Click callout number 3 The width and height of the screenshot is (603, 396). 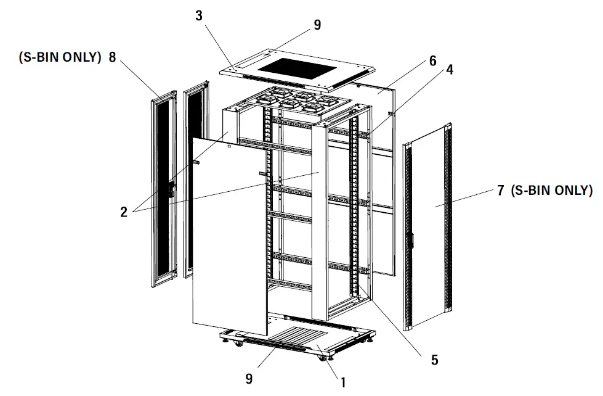click(x=199, y=15)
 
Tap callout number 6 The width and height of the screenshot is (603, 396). click(x=432, y=60)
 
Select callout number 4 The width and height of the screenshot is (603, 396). click(x=450, y=70)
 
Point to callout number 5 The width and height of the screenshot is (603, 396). click(x=434, y=360)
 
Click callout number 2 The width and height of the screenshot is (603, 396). click(x=124, y=212)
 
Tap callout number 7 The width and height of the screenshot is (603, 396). click(x=500, y=191)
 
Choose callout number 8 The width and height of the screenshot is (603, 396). click(x=112, y=57)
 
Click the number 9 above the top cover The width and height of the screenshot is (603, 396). click(x=317, y=25)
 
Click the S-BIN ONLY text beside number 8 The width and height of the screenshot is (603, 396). click(x=60, y=57)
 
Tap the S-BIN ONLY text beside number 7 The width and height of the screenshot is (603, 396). click(x=552, y=191)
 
